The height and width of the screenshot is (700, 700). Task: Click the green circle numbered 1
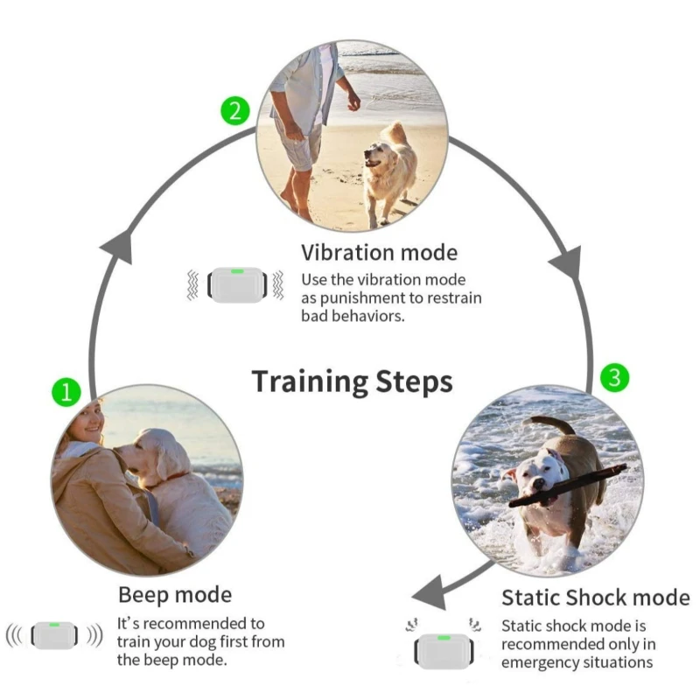point(66,391)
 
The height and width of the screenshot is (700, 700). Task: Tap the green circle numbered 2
point(234,111)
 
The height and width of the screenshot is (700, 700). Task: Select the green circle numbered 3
point(615,378)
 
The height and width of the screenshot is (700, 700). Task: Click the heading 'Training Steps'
point(352,382)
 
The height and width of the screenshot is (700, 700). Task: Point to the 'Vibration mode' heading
point(379,253)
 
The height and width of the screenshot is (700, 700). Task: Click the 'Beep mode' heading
point(175,595)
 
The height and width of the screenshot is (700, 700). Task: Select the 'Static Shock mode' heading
point(595,598)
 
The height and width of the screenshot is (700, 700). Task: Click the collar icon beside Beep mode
point(54,634)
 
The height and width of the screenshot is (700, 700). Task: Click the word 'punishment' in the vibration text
point(355,298)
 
